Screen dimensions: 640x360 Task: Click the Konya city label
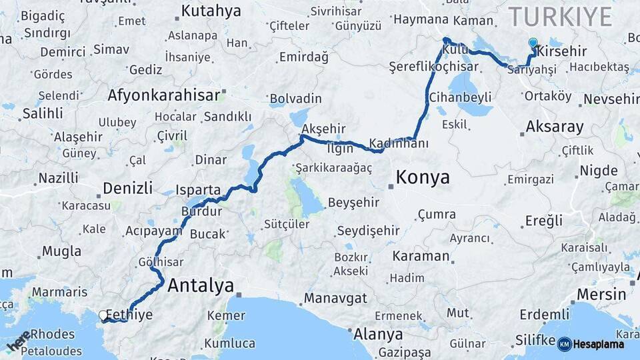(423, 178)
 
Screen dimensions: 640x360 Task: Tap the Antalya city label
(201, 286)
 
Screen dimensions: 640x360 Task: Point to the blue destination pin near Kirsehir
(533, 43)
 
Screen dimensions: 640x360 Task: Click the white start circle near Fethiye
(103, 315)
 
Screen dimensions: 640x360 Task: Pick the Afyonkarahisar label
(163, 95)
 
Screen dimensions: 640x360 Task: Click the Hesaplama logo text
(600, 344)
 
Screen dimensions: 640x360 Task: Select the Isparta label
(198, 190)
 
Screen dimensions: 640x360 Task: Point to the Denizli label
(129, 187)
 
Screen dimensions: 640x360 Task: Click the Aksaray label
(555, 126)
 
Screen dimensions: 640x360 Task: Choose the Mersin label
(601, 294)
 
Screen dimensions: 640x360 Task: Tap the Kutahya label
(211, 11)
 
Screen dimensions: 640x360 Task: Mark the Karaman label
(421, 256)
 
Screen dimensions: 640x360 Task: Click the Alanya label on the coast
(378, 334)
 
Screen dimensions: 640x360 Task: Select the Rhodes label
(53, 333)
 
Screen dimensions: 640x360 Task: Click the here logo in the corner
(19, 340)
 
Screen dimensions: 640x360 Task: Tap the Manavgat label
(335, 298)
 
